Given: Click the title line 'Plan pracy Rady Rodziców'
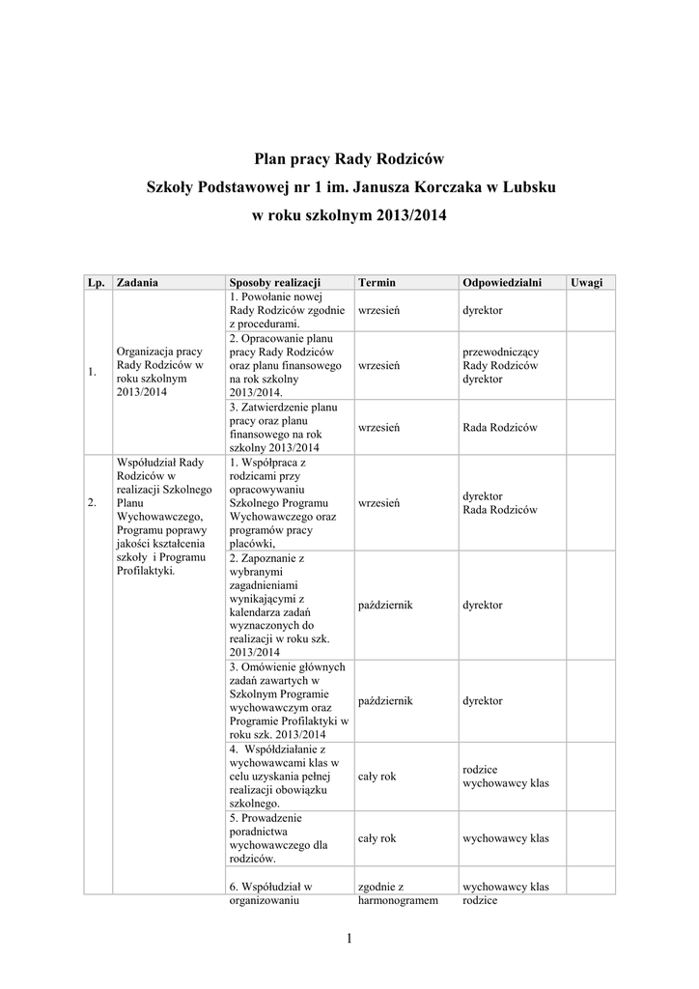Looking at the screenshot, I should click(349, 157).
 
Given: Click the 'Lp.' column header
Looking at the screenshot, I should click(96, 282).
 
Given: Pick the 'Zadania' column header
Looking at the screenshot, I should click(137, 282).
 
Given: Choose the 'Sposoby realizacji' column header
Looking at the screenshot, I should click(275, 282).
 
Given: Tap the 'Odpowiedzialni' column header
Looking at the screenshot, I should click(502, 282).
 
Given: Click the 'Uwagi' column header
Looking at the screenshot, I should click(586, 282).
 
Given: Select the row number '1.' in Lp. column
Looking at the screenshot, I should click(92, 373).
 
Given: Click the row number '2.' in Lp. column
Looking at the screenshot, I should click(92, 503).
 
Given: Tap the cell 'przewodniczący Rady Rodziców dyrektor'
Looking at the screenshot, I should click(501, 366).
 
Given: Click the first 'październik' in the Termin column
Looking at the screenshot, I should click(385, 605).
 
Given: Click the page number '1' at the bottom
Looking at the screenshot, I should click(349, 938).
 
